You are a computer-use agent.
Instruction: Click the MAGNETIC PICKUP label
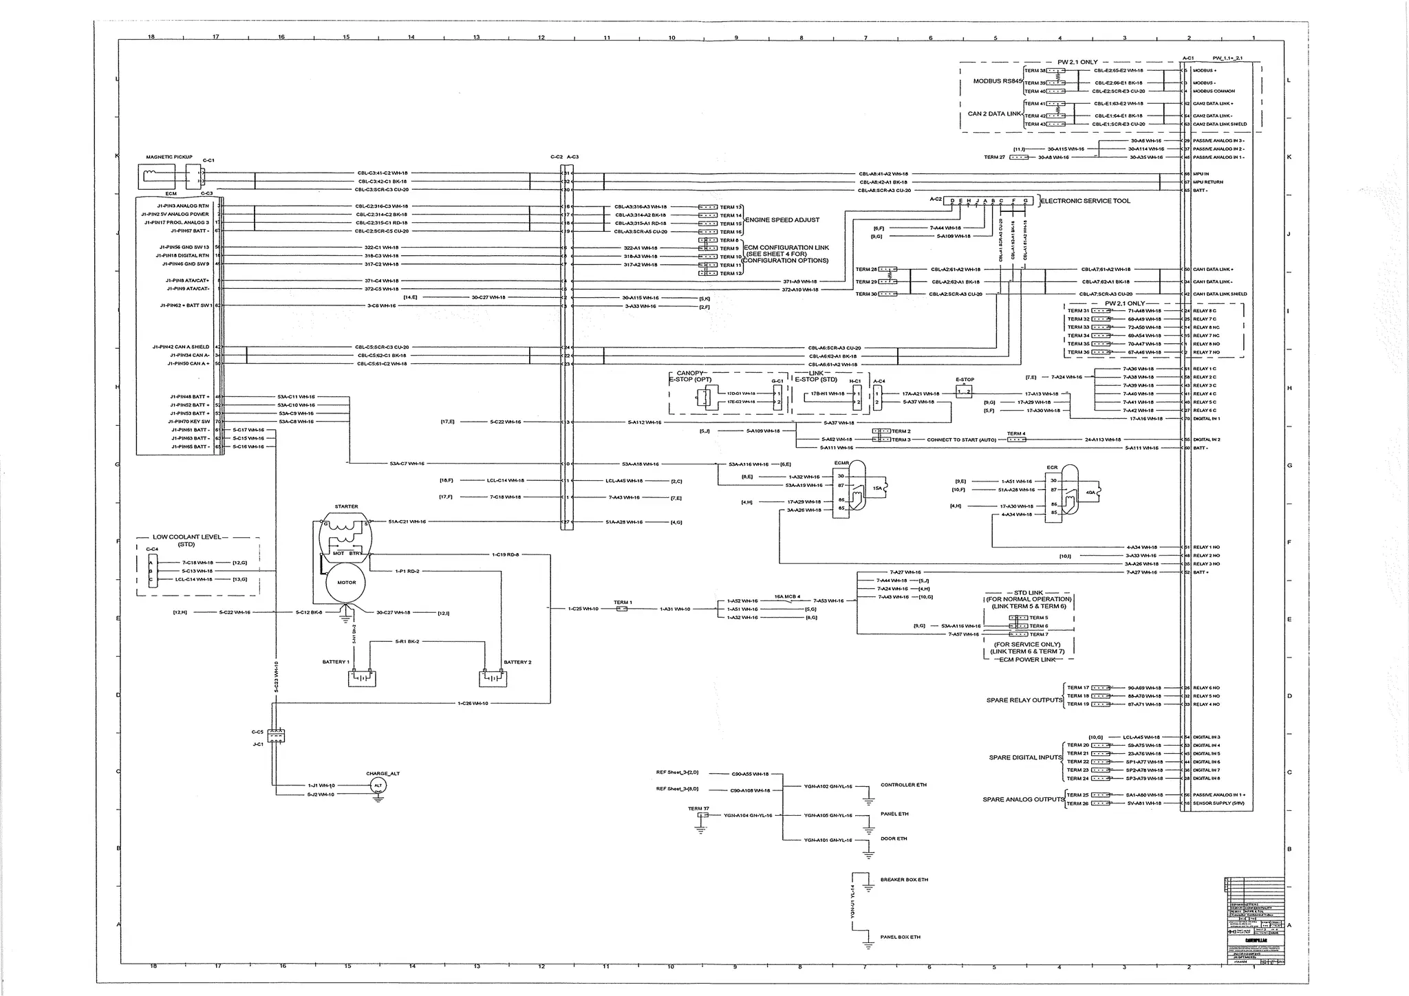click(169, 157)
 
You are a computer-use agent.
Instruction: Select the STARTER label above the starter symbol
click(346, 506)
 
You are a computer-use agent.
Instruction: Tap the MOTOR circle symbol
click(346, 583)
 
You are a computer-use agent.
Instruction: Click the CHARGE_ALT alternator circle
click(378, 785)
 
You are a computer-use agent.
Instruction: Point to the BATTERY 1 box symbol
click(361, 678)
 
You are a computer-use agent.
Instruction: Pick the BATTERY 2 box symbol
click(493, 678)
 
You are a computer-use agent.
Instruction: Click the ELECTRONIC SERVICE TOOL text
click(1085, 201)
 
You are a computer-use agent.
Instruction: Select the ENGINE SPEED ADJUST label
click(782, 220)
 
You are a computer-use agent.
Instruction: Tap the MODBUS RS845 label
click(998, 81)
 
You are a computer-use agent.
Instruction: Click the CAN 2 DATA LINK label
click(995, 113)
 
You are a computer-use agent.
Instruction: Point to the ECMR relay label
click(841, 463)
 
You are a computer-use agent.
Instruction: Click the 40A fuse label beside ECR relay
click(1089, 492)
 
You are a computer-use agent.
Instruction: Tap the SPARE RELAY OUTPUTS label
click(1024, 700)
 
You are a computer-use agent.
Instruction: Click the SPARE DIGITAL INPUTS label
click(1025, 757)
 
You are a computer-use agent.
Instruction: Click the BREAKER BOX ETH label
click(904, 880)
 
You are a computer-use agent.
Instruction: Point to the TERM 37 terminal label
click(698, 809)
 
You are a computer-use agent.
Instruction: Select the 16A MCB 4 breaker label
click(787, 596)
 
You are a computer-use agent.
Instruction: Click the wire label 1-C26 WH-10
click(473, 703)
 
